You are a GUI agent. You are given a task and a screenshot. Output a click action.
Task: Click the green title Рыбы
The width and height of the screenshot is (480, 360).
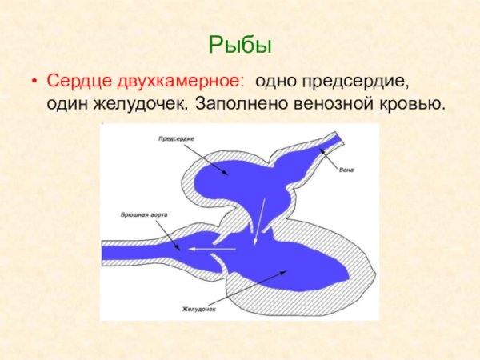coord(239,44)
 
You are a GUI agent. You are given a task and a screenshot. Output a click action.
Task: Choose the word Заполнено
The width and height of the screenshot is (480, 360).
coord(237,104)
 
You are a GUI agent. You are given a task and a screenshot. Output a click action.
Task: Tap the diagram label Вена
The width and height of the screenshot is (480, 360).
coord(346,170)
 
